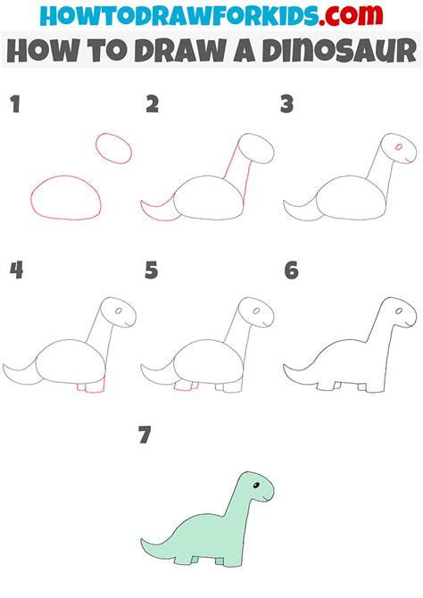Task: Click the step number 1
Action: click(13, 105)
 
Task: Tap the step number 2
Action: click(152, 105)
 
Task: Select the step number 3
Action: click(287, 105)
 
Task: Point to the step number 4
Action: click(14, 270)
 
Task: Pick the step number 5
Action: click(152, 270)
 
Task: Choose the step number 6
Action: click(290, 270)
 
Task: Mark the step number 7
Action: click(145, 436)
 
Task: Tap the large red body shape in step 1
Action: click(64, 197)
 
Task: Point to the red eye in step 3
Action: click(397, 145)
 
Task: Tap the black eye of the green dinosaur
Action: click(258, 486)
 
